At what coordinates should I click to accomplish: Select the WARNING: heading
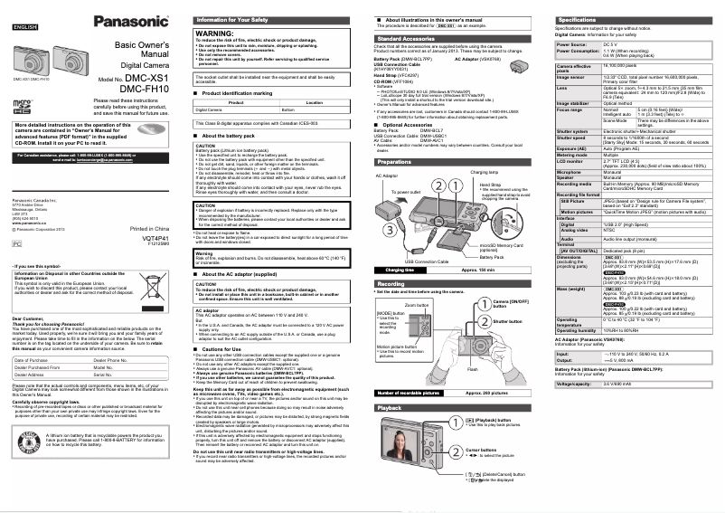click(x=214, y=33)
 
